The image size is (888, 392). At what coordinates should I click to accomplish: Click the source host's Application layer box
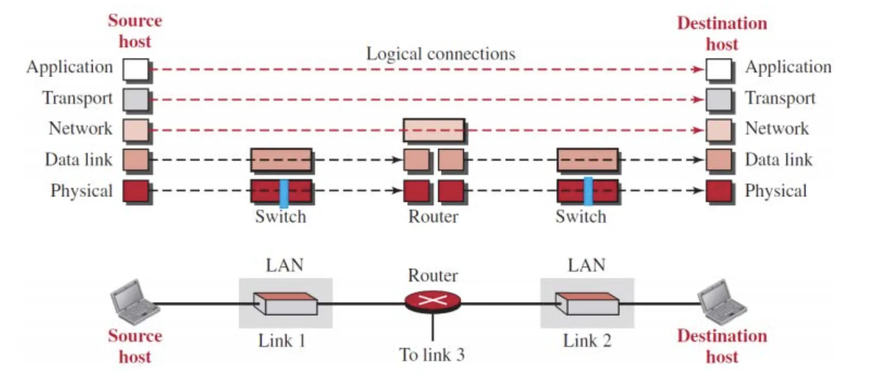[x=136, y=70]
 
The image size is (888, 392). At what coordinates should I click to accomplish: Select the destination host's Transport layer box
[x=719, y=100]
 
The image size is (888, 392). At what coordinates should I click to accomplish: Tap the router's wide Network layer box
[x=434, y=130]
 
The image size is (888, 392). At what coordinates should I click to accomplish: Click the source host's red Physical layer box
[x=136, y=191]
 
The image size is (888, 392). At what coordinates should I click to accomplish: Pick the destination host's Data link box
[x=719, y=160]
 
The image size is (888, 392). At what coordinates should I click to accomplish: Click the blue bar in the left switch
[x=284, y=192]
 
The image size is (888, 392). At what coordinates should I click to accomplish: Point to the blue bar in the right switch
[x=588, y=191]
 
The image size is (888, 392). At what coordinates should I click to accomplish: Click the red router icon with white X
[x=433, y=301]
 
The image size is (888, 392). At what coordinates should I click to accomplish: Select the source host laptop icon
[x=133, y=302]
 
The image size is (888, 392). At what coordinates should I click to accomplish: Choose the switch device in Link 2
[x=587, y=304]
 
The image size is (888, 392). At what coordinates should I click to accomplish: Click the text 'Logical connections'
[x=441, y=54]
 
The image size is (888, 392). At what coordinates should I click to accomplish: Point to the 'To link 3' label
[x=432, y=355]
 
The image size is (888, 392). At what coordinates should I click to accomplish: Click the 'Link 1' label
[x=281, y=340]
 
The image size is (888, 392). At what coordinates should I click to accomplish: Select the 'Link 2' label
[x=587, y=340]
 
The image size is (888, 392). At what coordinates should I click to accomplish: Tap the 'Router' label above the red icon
[x=433, y=276]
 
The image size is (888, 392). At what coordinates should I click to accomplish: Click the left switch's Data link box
[x=281, y=160]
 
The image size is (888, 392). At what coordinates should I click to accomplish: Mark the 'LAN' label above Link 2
[x=587, y=265]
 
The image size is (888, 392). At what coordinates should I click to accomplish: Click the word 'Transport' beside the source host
[x=77, y=98]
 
